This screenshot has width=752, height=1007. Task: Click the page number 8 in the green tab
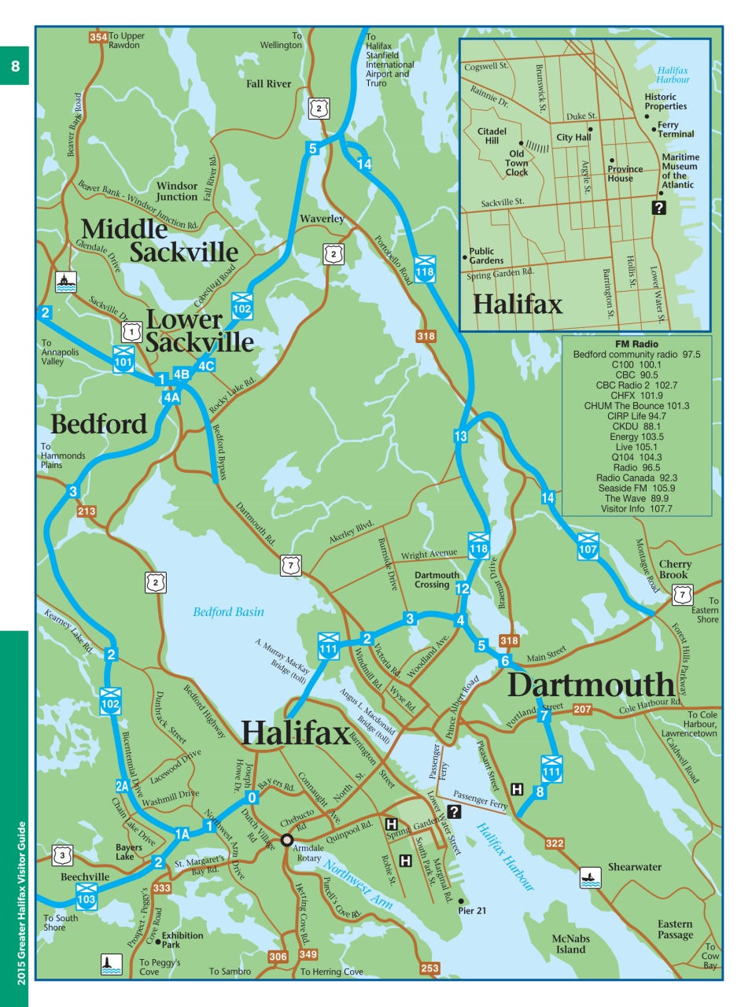click(x=15, y=66)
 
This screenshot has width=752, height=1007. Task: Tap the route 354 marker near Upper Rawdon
click(x=98, y=37)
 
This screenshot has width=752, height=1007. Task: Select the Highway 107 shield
click(x=588, y=545)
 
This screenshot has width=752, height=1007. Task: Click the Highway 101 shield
click(x=123, y=358)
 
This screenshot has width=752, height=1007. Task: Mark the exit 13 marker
click(x=460, y=436)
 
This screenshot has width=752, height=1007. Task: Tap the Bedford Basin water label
click(x=228, y=611)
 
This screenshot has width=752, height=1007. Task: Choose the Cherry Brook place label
click(x=675, y=569)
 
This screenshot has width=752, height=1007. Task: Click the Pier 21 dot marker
click(x=461, y=901)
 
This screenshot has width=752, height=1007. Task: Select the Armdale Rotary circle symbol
click(x=287, y=839)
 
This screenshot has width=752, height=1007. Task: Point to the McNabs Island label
click(x=570, y=943)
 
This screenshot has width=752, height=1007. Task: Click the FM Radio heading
click(x=636, y=344)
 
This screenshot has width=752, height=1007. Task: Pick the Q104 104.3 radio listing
click(x=636, y=457)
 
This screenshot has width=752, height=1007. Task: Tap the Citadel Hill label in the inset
click(x=492, y=136)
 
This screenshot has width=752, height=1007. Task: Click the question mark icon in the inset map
click(x=659, y=208)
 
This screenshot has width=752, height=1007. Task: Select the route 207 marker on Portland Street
click(x=582, y=709)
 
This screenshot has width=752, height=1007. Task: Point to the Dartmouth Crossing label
click(x=437, y=580)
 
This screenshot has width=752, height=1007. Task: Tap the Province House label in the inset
click(x=625, y=174)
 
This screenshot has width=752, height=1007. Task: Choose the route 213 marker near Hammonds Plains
click(x=87, y=511)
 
